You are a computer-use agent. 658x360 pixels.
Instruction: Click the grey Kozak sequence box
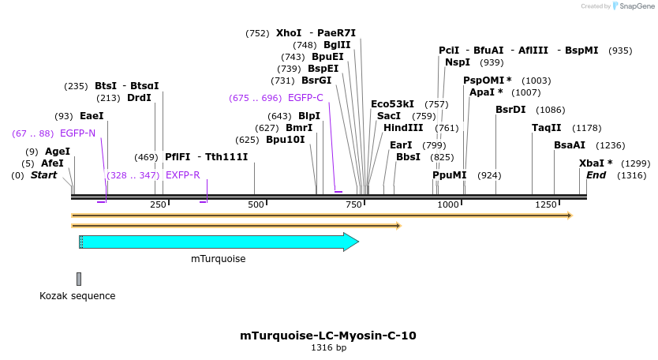79,279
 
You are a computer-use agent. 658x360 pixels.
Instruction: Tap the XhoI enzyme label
289,33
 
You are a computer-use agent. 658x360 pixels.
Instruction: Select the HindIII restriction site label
403,128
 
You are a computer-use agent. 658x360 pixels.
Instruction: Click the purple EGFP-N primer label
77,133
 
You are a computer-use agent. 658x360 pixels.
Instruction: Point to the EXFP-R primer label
182,175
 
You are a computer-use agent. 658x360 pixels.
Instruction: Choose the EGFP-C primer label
305,98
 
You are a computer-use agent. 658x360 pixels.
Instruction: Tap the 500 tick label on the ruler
256,205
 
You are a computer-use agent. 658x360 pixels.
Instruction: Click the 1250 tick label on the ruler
546,205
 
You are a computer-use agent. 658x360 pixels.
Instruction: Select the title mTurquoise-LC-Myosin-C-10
328,336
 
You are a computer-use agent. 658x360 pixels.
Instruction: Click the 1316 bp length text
328,348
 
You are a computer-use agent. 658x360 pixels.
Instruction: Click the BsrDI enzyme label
510,110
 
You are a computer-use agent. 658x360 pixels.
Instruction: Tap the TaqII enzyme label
546,128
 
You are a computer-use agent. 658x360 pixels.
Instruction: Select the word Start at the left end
43,175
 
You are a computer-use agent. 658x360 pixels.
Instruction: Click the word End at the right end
596,175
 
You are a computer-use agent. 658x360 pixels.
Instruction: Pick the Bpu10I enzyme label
285,140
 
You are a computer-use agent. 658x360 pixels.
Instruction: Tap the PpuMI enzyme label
449,175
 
